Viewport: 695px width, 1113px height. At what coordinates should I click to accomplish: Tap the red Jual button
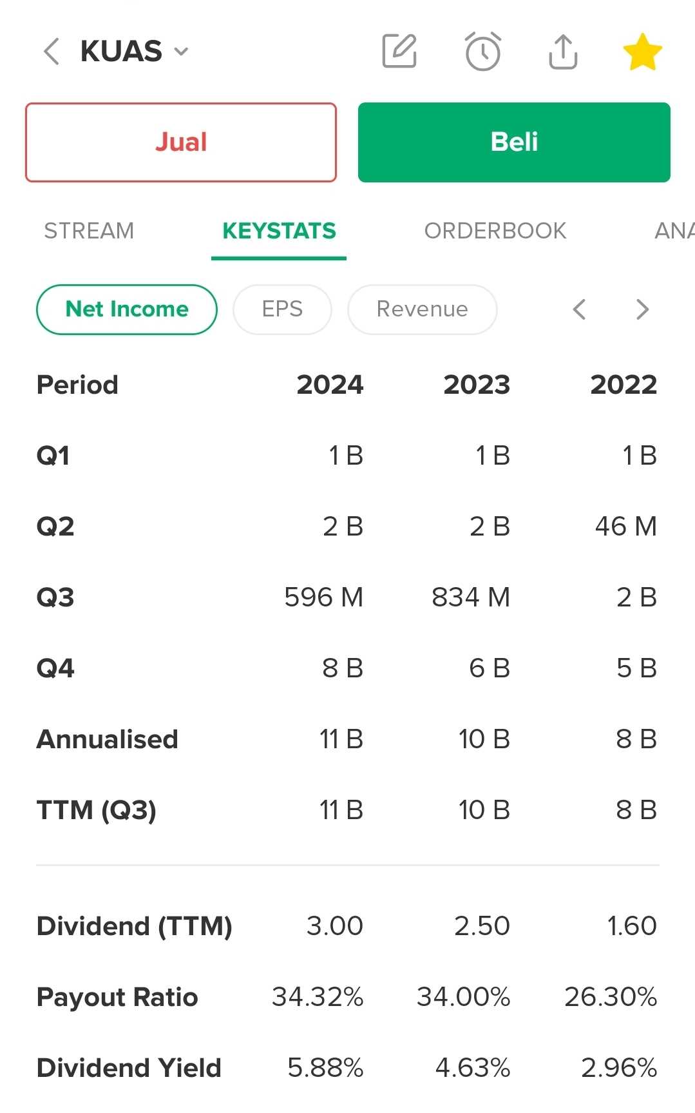click(181, 142)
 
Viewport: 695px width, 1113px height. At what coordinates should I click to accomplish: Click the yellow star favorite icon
click(642, 52)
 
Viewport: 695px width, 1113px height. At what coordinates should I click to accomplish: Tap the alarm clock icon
click(482, 52)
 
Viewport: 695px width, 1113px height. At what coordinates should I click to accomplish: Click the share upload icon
click(563, 52)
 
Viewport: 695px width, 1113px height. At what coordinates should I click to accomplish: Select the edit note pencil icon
click(399, 52)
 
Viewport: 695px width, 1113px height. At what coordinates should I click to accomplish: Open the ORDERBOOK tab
click(495, 231)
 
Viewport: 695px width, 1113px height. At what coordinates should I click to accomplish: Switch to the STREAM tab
click(89, 231)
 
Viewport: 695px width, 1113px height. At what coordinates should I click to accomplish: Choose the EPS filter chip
click(282, 309)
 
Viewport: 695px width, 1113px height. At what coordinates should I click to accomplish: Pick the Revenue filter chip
click(422, 309)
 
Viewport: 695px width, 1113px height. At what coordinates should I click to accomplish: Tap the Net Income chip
click(127, 309)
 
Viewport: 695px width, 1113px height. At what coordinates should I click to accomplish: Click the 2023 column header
click(477, 385)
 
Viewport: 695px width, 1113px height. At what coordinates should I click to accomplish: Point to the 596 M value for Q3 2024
click(324, 597)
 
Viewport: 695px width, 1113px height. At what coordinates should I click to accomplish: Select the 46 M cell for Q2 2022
click(625, 527)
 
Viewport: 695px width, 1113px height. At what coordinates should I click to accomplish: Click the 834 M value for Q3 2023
click(471, 597)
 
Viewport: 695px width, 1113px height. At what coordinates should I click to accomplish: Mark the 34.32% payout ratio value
click(318, 997)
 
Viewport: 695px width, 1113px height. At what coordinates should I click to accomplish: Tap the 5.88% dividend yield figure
click(325, 1068)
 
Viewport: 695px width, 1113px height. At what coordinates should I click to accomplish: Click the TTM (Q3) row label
click(97, 810)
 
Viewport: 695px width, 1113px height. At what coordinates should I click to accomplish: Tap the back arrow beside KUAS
click(52, 52)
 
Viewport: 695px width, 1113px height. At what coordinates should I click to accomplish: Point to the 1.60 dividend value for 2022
click(631, 926)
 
